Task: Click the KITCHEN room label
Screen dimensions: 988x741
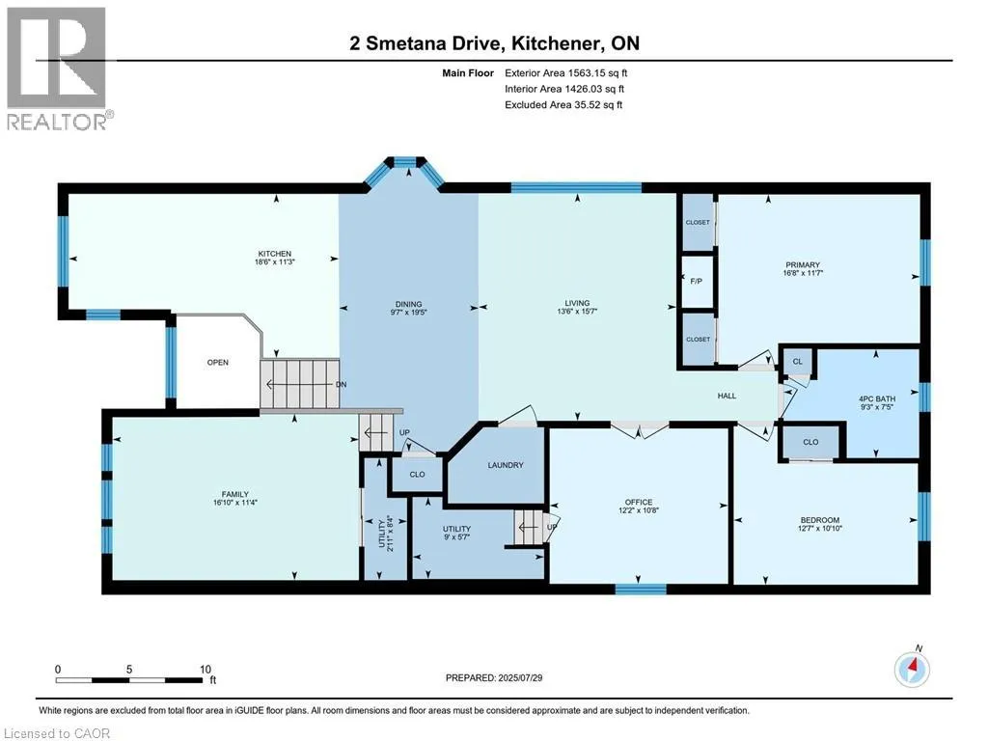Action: coord(274,254)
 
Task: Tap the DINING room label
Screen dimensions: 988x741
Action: coord(408,304)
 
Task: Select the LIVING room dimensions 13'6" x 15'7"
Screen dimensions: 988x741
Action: coord(577,312)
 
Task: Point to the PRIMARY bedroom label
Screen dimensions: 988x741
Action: coord(802,264)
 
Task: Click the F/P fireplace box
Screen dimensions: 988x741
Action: coord(698,281)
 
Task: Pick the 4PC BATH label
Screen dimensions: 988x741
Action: coord(876,398)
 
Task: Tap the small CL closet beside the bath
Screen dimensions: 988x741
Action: coord(798,362)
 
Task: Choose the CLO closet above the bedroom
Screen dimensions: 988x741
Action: coord(810,442)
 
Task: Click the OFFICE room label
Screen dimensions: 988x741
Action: coord(639,502)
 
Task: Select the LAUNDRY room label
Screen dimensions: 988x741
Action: coord(506,465)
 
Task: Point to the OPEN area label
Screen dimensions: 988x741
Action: coord(218,363)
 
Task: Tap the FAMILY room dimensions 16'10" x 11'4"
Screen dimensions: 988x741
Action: coord(235,503)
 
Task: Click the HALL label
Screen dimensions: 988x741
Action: coord(727,396)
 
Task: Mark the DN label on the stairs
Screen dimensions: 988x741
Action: coord(341,384)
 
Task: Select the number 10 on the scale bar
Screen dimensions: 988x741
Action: coord(206,670)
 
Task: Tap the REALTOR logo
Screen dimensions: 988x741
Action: coord(57,69)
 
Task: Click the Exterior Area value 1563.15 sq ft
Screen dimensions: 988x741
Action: coord(597,73)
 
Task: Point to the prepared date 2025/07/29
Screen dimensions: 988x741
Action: coord(520,678)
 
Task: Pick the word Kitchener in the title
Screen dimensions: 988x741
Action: coord(555,42)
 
